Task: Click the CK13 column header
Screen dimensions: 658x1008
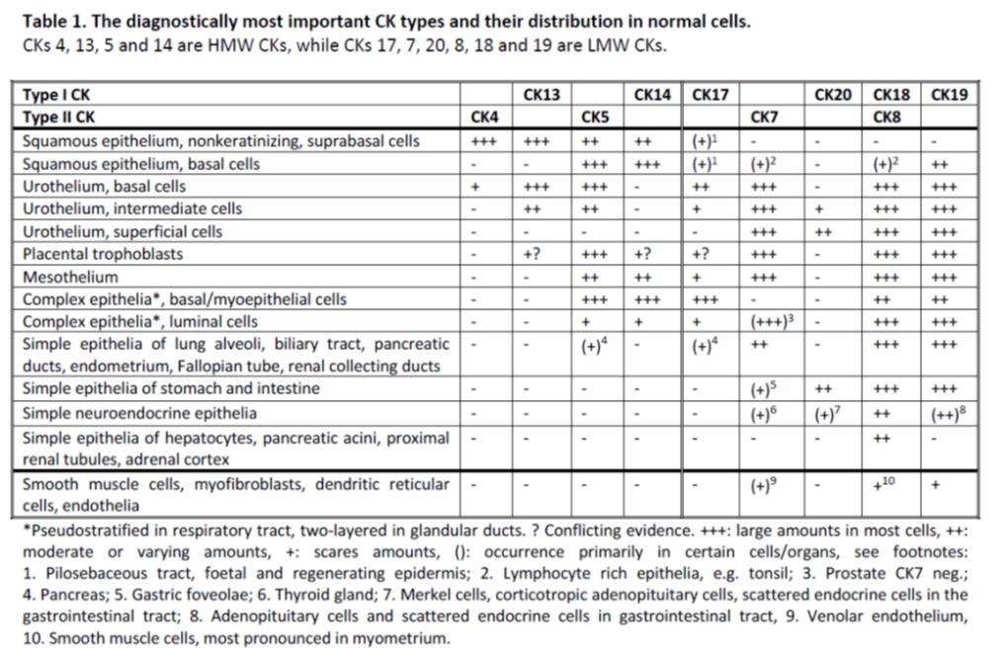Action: [x=542, y=95]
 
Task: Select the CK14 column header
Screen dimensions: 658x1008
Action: [x=652, y=95]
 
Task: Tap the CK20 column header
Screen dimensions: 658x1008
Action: [x=833, y=95]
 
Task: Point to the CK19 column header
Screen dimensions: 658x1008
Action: [x=949, y=95]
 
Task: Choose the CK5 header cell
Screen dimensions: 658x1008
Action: [x=595, y=118]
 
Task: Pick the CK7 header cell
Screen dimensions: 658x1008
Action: [x=764, y=118]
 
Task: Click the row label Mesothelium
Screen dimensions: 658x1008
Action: [x=70, y=277]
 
